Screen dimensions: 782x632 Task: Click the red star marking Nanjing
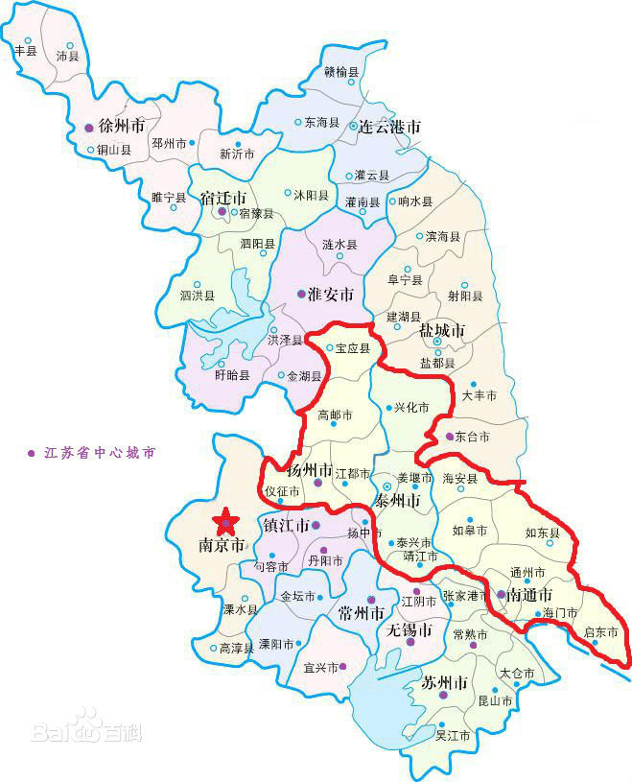coord(226,521)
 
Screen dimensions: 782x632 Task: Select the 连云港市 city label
coord(388,127)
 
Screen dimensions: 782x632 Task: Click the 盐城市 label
coord(442,330)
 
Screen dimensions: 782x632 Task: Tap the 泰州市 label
coord(397,501)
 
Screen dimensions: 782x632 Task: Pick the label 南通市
coord(528,595)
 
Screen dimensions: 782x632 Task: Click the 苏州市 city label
coord(445,683)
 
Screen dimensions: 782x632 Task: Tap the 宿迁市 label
coord(222,198)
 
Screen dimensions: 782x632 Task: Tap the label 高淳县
coord(236,649)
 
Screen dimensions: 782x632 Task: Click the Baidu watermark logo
coord(86,729)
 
